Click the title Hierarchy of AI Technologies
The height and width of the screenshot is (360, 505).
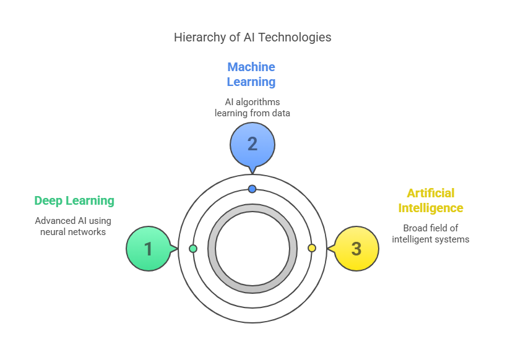pyautogui.click(x=252, y=37)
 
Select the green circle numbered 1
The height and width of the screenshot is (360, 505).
pyautogui.click(x=149, y=249)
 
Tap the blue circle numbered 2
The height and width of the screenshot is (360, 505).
pyautogui.click(x=252, y=145)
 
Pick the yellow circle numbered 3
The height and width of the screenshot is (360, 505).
pyautogui.click(x=356, y=249)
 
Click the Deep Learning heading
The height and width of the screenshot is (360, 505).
pyautogui.click(x=74, y=200)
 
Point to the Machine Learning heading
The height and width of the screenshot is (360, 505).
pyautogui.click(x=251, y=74)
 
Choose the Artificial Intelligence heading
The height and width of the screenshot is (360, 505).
pyautogui.click(x=431, y=200)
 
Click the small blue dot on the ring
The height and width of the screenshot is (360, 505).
pyautogui.click(x=252, y=189)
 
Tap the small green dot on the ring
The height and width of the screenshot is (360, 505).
pyautogui.click(x=193, y=249)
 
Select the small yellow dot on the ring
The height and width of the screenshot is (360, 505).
pyautogui.click(x=312, y=248)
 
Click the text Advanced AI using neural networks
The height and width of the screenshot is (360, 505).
pyautogui.click(x=73, y=226)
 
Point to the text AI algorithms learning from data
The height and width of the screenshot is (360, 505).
pyautogui.click(x=252, y=108)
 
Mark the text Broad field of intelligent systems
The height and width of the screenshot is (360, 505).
pyautogui.click(x=431, y=234)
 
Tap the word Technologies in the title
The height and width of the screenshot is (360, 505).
pyautogui.click(x=295, y=37)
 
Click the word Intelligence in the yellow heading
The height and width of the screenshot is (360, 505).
pyautogui.click(x=431, y=208)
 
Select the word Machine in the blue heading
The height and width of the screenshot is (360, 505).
pyautogui.click(x=251, y=67)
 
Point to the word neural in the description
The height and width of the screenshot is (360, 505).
pyautogui.click(x=51, y=232)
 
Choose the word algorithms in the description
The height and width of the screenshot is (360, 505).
pyautogui.click(x=258, y=102)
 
